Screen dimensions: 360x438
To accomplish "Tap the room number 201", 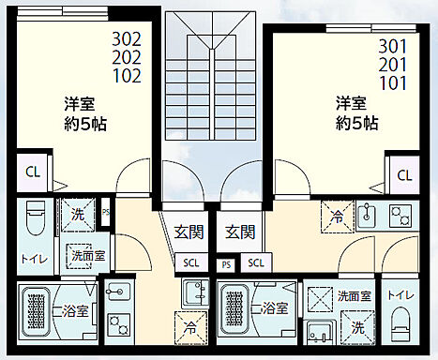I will (394, 64).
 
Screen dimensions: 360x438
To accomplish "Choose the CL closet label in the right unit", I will (404, 174).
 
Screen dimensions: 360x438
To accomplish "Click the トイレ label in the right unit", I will (400, 294).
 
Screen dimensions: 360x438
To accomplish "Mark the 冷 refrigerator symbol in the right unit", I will (338, 216).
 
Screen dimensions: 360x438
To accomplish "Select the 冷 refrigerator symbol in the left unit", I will (191, 329).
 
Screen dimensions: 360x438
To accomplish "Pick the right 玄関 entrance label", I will (241, 231).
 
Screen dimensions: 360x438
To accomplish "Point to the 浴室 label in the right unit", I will (275, 307).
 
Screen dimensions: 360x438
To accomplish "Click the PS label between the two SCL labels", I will (225, 264).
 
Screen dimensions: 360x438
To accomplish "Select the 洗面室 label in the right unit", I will (355, 295).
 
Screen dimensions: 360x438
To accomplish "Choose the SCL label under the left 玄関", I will (191, 262).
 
